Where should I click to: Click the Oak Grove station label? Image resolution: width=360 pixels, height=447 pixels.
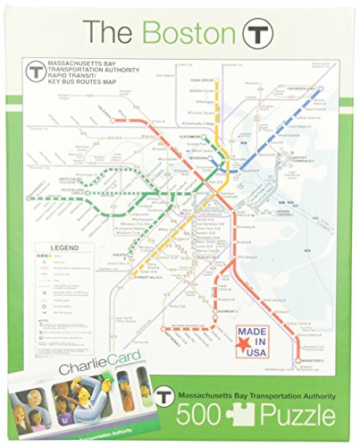(x=205, y=82)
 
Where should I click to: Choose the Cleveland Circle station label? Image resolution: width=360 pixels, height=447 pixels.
(x=64, y=190)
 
